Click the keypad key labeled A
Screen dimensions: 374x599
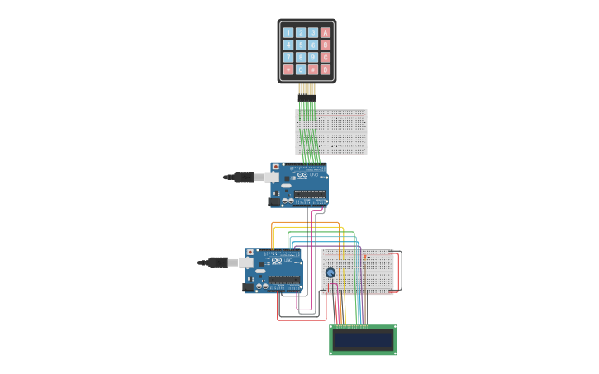(x=326, y=33)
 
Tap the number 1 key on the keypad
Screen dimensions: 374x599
(x=288, y=33)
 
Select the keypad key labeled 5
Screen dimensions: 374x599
(x=301, y=45)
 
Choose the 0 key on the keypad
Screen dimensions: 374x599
(x=301, y=70)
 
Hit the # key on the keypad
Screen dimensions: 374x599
(x=313, y=70)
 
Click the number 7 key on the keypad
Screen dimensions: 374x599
(x=288, y=58)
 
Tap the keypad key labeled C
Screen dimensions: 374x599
(x=326, y=58)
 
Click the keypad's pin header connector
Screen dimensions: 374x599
(x=307, y=89)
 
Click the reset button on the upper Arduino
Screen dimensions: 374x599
(x=276, y=167)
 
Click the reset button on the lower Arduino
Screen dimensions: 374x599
(x=250, y=253)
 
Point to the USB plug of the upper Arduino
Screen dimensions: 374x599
(x=243, y=177)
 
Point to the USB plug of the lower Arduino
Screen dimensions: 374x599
(x=217, y=263)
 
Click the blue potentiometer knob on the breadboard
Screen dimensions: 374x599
(x=330, y=272)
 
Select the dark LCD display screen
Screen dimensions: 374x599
(x=363, y=340)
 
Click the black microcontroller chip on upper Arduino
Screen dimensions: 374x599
(x=310, y=195)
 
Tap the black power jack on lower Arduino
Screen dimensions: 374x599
(x=249, y=287)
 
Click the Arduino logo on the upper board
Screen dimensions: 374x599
(x=302, y=175)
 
